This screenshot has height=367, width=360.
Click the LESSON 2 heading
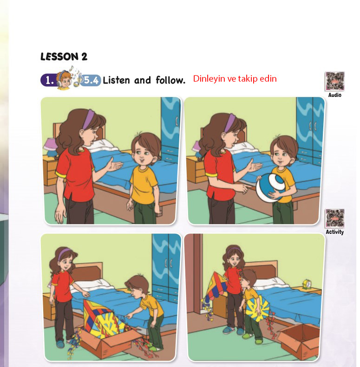click(x=64, y=57)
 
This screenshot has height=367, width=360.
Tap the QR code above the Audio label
click(x=335, y=81)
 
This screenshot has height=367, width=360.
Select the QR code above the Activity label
click(x=334, y=219)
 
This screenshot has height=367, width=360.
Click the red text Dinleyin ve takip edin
click(x=235, y=79)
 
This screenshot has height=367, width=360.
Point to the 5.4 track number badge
click(x=91, y=80)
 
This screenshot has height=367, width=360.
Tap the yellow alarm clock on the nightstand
click(x=307, y=284)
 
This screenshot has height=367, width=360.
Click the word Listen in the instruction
click(x=116, y=80)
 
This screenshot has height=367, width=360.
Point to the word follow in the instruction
click(x=170, y=80)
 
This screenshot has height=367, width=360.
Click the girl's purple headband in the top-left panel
click(x=88, y=119)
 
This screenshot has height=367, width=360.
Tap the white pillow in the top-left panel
click(x=102, y=145)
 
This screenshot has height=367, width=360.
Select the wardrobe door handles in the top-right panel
click(x=312, y=127)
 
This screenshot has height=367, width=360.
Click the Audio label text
click(x=335, y=95)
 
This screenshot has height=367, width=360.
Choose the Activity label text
click(x=335, y=232)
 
